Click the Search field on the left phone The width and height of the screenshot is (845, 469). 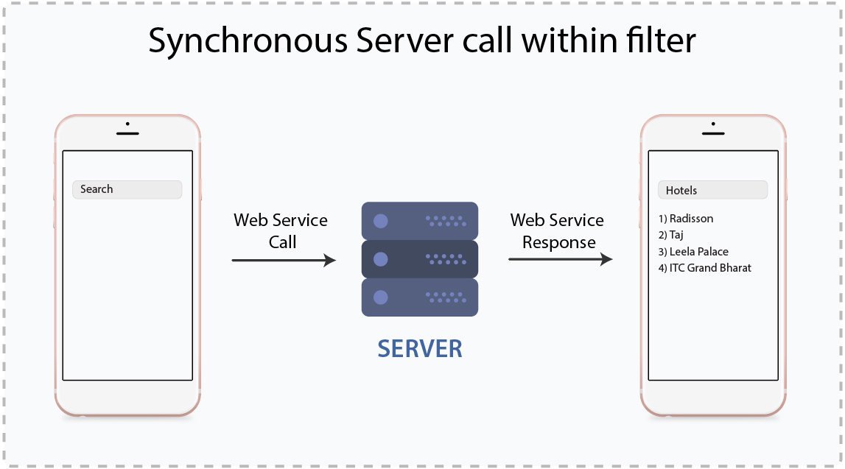(x=127, y=189)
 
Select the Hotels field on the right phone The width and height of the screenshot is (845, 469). (x=712, y=190)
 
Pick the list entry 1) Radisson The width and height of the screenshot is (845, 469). (x=686, y=219)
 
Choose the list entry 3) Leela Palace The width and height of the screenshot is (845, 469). (x=693, y=252)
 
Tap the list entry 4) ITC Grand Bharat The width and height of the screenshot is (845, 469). (x=704, y=268)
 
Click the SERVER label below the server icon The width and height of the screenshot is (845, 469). (x=420, y=348)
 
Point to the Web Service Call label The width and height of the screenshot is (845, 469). (x=281, y=230)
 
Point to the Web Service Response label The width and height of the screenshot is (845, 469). (x=558, y=230)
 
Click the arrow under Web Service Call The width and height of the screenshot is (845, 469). (x=284, y=260)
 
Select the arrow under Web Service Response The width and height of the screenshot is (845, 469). (x=560, y=260)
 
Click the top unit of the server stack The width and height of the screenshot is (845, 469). (x=420, y=220)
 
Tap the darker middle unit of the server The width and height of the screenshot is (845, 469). (x=420, y=259)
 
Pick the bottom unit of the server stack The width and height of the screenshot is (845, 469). (x=420, y=297)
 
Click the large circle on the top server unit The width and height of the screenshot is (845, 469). (x=381, y=220)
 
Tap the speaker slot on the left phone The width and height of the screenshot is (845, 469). (x=127, y=133)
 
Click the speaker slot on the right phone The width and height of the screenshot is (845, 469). (x=713, y=133)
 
